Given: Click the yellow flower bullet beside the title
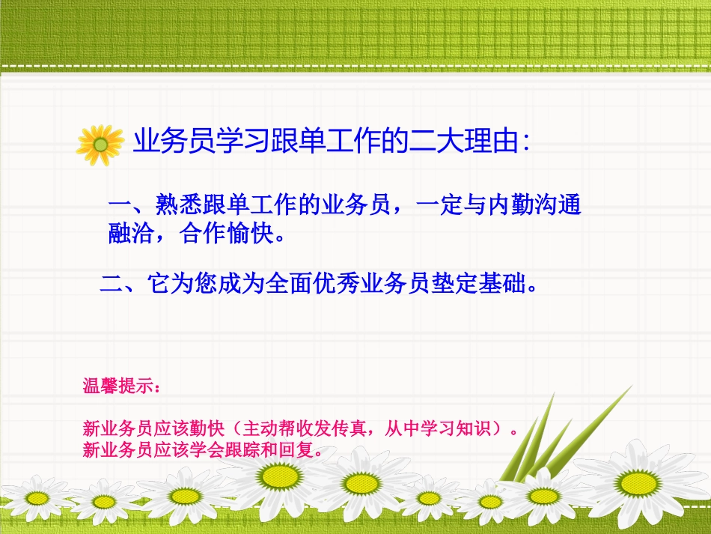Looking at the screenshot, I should pos(100,145).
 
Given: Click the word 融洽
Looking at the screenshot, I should pos(132,237).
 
